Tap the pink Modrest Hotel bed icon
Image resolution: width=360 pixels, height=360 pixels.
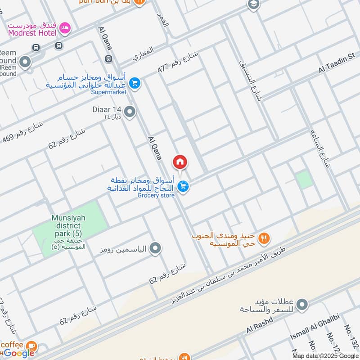66,28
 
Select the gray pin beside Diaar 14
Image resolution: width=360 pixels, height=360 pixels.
130,112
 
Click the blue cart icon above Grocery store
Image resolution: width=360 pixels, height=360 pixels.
183,186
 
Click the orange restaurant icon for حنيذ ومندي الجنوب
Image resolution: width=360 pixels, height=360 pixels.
265,238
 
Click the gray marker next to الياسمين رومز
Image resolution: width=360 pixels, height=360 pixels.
155,248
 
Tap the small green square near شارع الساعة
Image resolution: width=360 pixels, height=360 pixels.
305,180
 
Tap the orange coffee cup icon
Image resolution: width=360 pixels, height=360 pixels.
31,346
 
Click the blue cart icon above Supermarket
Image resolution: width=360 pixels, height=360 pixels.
135,83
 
